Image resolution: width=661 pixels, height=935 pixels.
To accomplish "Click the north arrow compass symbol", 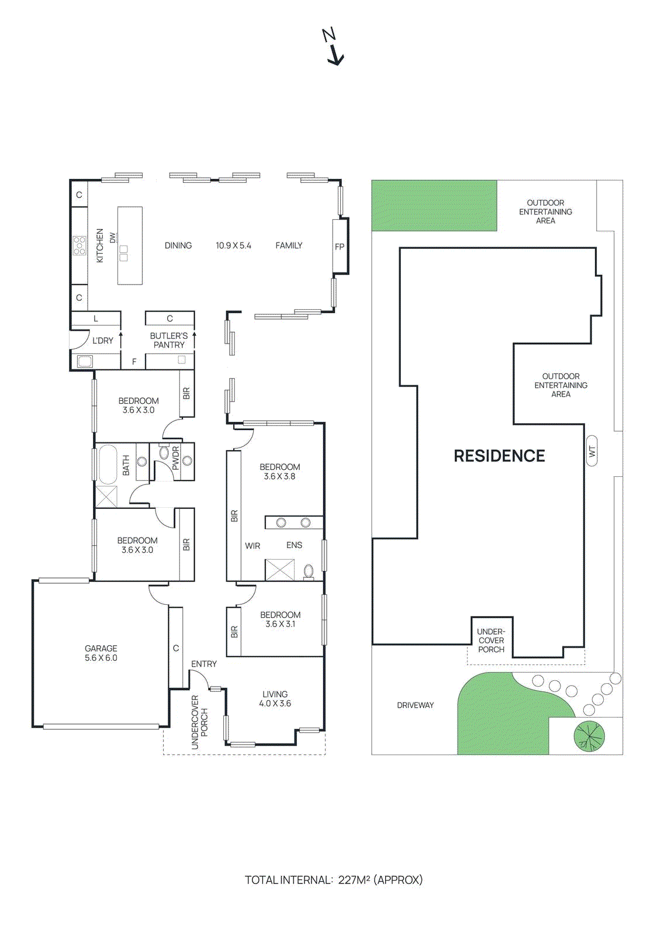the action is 334,47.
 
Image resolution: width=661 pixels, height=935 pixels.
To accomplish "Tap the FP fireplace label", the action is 340,247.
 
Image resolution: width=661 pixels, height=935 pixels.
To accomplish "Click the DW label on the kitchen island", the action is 112,238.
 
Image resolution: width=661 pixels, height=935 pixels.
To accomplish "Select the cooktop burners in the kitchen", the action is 79,245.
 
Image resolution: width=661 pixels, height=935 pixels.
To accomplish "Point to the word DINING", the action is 178,245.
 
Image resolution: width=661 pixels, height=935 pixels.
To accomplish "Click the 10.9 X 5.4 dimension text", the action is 233,245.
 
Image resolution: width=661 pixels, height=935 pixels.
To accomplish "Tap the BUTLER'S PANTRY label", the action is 169,340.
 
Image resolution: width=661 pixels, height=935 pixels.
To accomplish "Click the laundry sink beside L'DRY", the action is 85,361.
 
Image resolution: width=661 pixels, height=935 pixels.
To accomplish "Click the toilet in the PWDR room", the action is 163,452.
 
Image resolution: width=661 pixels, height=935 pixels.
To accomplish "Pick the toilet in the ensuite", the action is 309,572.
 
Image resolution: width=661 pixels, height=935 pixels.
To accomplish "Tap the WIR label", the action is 252,546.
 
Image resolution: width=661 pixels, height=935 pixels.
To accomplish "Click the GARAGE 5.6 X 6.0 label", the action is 101,653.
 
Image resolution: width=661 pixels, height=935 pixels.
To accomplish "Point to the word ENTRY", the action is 204,664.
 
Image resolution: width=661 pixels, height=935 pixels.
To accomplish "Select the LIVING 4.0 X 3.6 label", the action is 275,699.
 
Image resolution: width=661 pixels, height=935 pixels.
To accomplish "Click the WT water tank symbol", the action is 592,451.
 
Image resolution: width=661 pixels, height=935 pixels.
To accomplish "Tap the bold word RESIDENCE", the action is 500,456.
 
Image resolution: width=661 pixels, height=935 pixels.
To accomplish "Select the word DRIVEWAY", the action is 415,705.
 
